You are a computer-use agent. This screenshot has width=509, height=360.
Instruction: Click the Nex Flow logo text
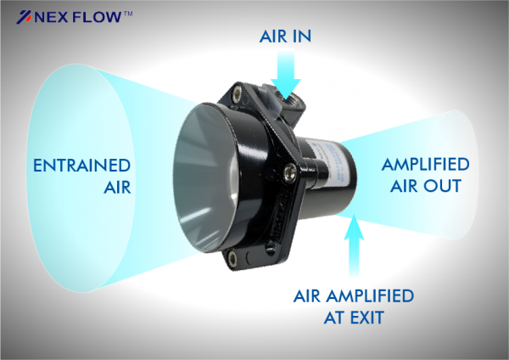coord(77,17)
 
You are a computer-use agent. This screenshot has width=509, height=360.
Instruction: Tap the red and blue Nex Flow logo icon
coord(24,17)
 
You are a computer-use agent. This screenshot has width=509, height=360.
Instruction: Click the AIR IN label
coord(285,36)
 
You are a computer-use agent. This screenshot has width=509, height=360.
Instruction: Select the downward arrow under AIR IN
coord(286,75)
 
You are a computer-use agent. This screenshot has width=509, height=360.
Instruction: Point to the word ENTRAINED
coord(81,166)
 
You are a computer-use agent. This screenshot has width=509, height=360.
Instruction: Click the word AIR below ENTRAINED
coord(118,187)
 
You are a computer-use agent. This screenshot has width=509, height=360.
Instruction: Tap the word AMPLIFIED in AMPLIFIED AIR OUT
coord(426,164)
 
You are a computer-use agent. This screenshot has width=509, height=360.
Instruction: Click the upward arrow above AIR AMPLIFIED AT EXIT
coord(354,246)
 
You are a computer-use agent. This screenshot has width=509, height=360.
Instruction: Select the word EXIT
coord(368,318)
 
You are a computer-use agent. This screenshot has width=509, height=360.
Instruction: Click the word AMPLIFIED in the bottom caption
coord(370,296)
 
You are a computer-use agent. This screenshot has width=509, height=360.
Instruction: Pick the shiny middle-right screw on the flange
coord(289,171)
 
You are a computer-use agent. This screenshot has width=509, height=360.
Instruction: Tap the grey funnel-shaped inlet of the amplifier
coord(208,178)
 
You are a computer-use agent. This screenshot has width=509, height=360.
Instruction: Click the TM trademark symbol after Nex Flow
coord(128,14)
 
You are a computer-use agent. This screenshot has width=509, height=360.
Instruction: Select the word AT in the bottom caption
coord(336,318)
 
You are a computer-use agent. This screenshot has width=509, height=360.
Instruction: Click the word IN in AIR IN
coord(302,36)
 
